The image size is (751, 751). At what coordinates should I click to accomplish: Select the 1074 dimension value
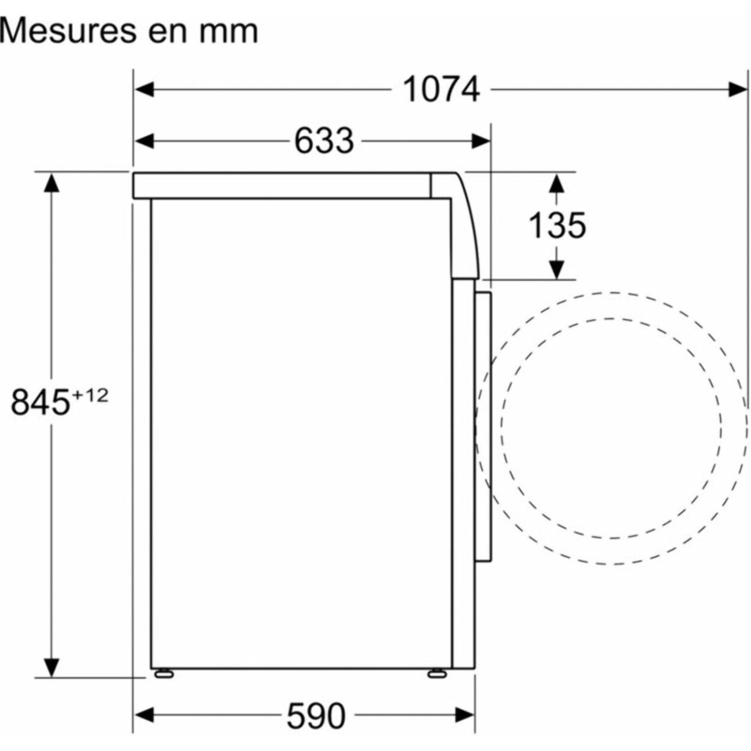(441, 90)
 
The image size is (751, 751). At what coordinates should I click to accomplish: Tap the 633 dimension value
(324, 141)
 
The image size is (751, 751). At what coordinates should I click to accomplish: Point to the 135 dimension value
(557, 225)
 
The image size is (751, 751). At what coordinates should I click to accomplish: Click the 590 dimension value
(316, 716)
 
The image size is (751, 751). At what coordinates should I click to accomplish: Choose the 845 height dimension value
(41, 402)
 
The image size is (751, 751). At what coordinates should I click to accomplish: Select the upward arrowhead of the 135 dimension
(557, 183)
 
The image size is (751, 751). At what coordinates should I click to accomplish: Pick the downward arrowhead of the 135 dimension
(557, 270)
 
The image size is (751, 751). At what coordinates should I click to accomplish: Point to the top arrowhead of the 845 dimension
(52, 183)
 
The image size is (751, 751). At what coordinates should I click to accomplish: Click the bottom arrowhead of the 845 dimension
(52, 667)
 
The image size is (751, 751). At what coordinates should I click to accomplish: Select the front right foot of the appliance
(436, 673)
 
